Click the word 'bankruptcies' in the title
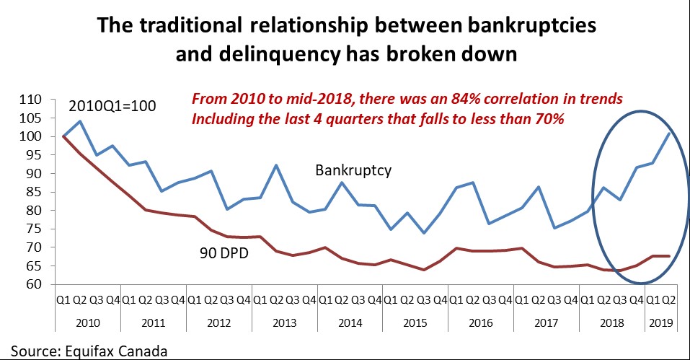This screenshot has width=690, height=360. click(531, 27)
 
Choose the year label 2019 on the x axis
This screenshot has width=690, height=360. click(660, 325)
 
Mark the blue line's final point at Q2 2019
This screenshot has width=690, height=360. click(670, 133)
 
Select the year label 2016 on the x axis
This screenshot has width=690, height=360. click(481, 325)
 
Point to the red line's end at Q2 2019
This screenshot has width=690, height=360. click(670, 256)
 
